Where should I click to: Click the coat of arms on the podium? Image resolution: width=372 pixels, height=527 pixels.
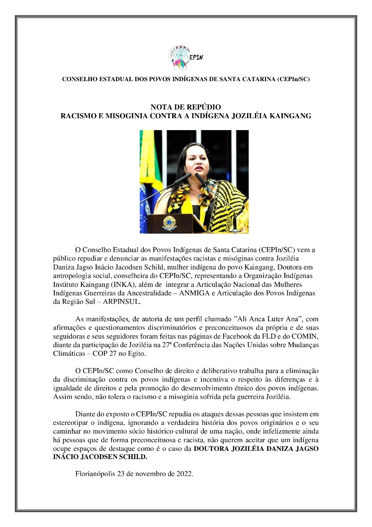point(168,223)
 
